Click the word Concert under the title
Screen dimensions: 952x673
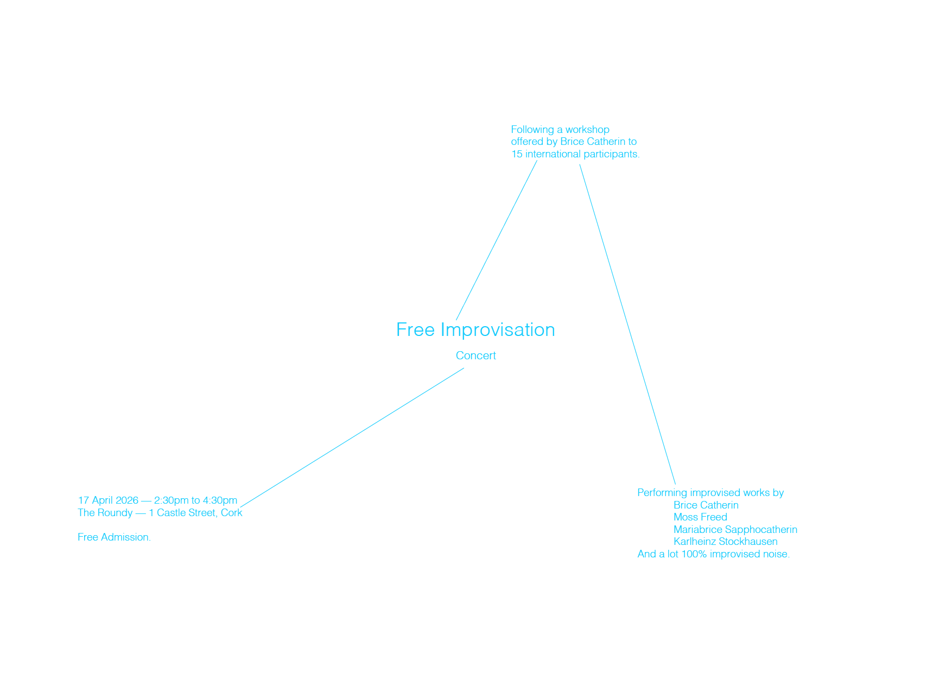pos(476,355)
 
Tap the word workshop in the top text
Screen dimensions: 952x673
pos(587,130)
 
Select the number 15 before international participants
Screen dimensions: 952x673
pos(517,154)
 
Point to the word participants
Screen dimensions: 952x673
pos(612,154)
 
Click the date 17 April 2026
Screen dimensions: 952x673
pos(108,500)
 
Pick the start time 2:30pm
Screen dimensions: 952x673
pos(172,500)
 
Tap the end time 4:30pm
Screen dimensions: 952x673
pos(220,500)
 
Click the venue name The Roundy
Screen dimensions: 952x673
pos(105,513)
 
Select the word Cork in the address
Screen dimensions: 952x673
pos(232,513)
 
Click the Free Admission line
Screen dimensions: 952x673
pos(114,537)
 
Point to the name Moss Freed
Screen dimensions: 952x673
pos(700,517)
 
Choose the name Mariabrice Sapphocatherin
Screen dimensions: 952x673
pos(735,530)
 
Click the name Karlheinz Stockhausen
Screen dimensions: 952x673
pos(726,542)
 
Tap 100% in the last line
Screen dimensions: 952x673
pos(694,554)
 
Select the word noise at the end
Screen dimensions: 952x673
pos(777,554)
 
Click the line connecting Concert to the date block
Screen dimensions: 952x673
pos(352,438)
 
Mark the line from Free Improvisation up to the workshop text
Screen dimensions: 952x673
pos(497,240)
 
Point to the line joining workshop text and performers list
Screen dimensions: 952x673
pos(627,325)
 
